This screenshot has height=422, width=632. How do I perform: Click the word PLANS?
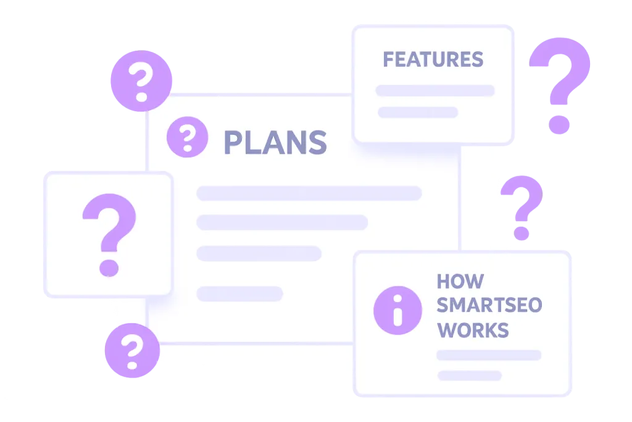[x=275, y=142]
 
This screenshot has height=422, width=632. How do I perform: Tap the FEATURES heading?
[x=433, y=60]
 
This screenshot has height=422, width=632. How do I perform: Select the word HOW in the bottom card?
[x=460, y=282]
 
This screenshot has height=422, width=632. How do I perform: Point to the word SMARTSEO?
[x=489, y=305]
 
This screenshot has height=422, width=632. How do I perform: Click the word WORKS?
[x=473, y=330]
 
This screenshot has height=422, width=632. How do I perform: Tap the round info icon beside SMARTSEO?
[x=398, y=310]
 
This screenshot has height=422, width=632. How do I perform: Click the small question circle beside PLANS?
[x=188, y=137]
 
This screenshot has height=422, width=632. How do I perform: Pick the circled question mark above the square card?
[x=141, y=81]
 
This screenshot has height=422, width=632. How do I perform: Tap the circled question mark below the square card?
[x=132, y=350]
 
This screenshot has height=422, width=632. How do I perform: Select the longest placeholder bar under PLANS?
[x=309, y=193]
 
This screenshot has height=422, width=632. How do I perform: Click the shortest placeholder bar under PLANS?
[x=240, y=293]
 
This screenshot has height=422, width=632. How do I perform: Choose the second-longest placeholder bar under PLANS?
[x=282, y=222]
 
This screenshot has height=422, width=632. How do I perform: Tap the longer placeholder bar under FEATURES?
[x=435, y=90]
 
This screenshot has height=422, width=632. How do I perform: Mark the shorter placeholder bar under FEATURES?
[x=418, y=112]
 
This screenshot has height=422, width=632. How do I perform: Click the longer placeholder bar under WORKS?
[x=489, y=355]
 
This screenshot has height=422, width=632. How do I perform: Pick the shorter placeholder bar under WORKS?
[x=470, y=376]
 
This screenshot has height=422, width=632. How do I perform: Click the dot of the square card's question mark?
[x=109, y=268]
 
